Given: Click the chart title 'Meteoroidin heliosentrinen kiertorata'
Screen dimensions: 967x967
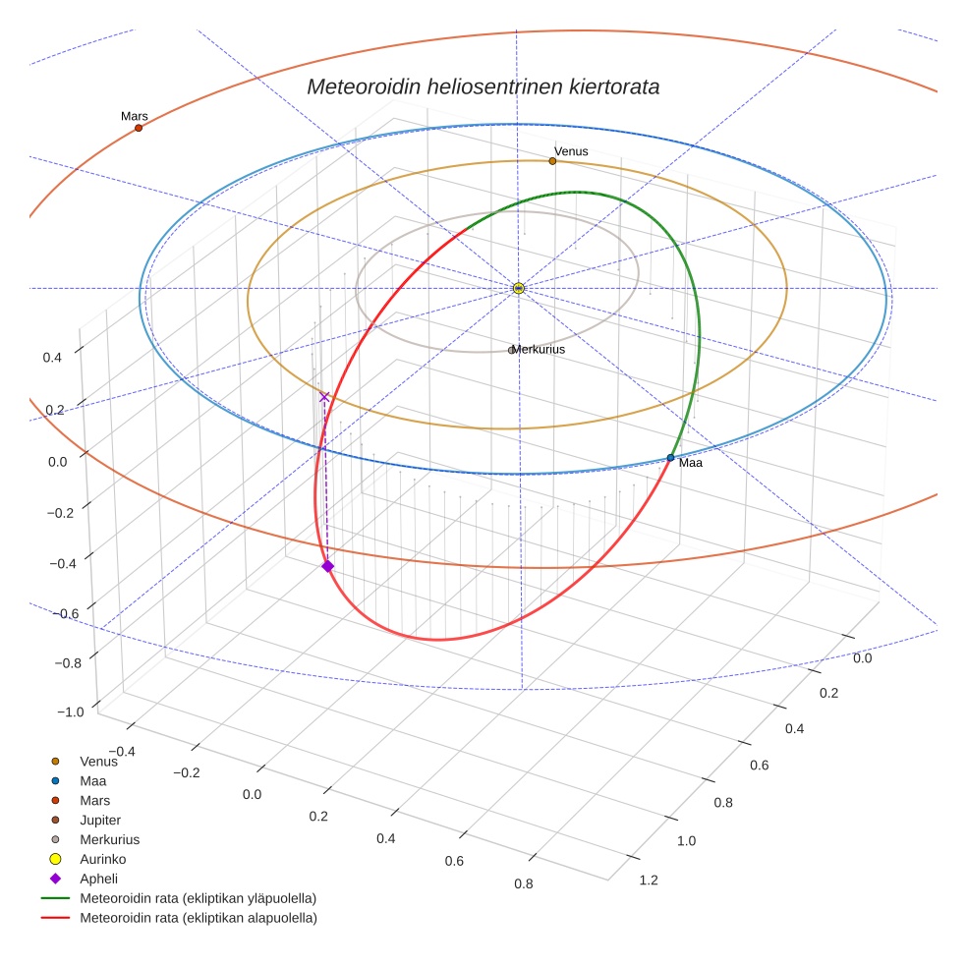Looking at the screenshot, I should coord(483,86).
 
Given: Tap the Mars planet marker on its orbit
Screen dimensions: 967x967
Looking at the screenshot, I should coord(139,128).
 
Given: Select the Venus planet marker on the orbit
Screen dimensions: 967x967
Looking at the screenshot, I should coord(552,161).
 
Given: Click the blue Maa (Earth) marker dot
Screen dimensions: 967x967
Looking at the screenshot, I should coord(670,458).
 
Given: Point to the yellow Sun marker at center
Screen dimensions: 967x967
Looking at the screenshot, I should coord(519,288).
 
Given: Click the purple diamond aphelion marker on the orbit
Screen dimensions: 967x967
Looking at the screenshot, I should coord(327,566).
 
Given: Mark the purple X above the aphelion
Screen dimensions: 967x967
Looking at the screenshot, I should coord(324,397).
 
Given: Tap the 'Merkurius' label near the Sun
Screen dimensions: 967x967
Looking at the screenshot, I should coord(538,349).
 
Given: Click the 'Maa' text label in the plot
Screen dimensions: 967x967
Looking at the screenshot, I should coord(690,463).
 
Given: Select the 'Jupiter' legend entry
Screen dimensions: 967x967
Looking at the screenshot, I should coord(100,820).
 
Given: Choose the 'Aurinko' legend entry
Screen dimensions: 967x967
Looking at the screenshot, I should coord(102,859).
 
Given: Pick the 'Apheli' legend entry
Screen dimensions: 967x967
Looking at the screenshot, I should coord(98,879).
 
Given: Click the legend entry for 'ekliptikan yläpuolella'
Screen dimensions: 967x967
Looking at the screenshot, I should coord(198,898).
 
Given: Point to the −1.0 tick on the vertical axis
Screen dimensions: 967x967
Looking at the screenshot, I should coord(70,711).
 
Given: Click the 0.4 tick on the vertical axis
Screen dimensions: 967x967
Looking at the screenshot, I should coord(52,358).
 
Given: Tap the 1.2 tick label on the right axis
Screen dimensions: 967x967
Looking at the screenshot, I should coord(649,880).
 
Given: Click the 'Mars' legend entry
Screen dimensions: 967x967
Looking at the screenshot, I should coord(94,800).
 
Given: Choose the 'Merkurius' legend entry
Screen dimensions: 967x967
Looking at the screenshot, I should coord(109,839).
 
